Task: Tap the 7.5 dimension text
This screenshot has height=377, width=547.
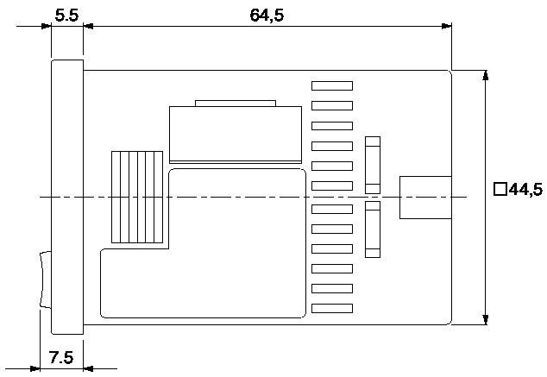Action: point(60,356)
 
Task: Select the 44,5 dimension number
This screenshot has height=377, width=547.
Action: point(525,190)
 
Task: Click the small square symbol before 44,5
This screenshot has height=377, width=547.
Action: point(500,190)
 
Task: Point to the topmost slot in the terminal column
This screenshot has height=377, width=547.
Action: point(332,85)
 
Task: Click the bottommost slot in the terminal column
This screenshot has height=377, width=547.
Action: point(332,308)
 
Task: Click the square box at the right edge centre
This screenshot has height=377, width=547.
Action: point(425,198)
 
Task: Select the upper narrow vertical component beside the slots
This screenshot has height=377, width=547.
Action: point(373,163)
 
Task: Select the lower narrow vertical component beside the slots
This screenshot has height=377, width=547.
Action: point(373,229)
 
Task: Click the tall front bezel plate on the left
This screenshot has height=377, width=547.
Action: point(67,197)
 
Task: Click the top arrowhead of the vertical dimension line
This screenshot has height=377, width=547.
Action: point(486,75)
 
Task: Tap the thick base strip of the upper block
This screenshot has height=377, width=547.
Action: point(236,160)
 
